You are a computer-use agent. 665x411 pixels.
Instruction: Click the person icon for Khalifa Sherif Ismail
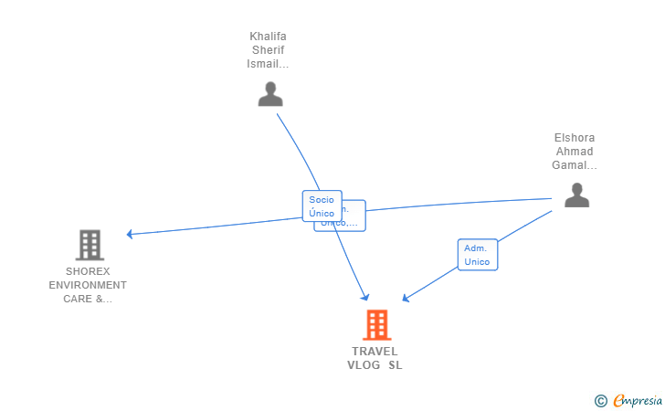click(270, 94)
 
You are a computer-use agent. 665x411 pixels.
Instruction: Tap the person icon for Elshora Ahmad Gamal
click(576, 195)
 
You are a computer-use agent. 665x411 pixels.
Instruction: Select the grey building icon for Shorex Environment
click(89, 245)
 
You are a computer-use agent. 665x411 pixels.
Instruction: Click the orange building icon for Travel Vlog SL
click(376, 325)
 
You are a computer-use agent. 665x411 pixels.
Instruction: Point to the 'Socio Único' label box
click(322, 205)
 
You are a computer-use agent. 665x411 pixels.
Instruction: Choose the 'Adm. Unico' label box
click(477, 255)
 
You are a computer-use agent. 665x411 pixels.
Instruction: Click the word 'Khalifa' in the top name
click(268, 37)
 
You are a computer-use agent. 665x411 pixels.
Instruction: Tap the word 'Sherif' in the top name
click(268, 50)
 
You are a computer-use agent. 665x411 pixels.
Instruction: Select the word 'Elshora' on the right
click(575, 138)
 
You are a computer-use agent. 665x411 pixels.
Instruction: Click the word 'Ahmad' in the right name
click(575, 152)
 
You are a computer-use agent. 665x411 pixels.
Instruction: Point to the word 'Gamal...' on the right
click(575, 165)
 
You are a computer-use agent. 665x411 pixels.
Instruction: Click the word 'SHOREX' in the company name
click(88, 271)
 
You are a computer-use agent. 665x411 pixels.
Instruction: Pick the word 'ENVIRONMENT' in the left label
click(88, 285)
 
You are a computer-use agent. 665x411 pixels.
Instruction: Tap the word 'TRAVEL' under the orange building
click(375, 352)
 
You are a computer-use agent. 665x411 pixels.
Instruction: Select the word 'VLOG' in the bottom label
click(363, 365)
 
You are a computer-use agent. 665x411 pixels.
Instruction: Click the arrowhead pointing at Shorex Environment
click(130, 234)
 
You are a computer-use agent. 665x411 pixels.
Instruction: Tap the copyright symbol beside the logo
click(600, 400)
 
